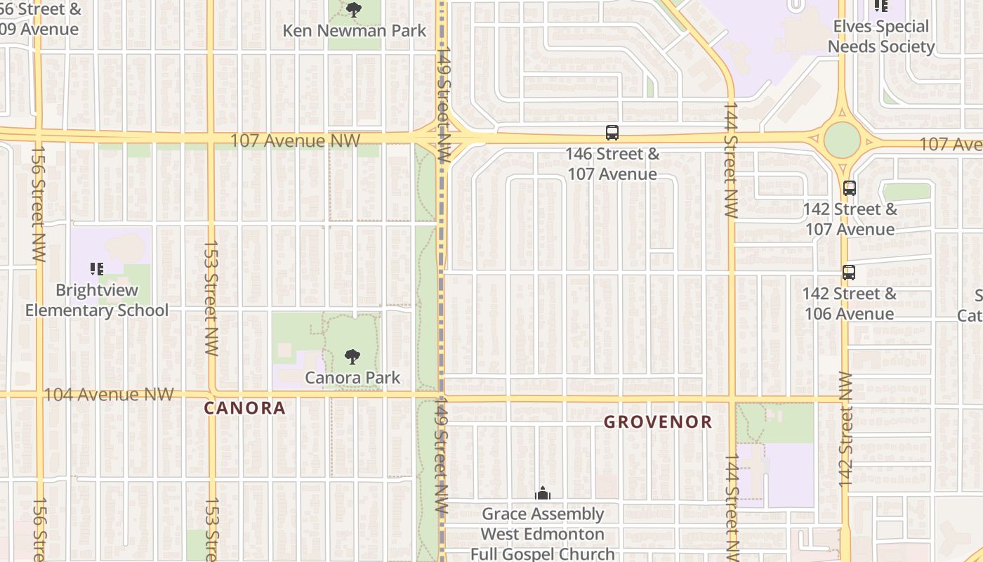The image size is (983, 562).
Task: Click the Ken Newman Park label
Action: (354, 31)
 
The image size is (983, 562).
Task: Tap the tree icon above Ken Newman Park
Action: (354, 10)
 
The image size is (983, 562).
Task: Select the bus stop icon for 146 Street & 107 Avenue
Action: (612, 132)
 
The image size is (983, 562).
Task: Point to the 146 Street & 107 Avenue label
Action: (612, 164)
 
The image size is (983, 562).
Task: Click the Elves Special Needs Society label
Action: (880, 37)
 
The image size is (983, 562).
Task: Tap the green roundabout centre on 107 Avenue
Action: (842, 140)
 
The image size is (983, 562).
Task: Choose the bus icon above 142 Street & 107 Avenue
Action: (850, 188)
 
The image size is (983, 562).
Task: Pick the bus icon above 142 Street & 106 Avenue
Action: (849, 273)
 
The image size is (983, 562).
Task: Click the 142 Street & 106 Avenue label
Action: (850, 303)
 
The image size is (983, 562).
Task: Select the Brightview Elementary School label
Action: (97, 300)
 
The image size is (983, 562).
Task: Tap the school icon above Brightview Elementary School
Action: (97, 268)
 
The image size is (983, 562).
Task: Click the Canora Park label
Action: (352, 377)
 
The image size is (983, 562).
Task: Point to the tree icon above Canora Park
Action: (352, 357)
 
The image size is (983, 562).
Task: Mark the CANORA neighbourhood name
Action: (245, 408)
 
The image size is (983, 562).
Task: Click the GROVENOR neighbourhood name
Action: (658, 422)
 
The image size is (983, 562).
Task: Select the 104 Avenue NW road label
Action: (109, 394)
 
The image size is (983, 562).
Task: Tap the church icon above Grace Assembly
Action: (543, 494)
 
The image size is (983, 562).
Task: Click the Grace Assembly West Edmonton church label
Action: (542, 534)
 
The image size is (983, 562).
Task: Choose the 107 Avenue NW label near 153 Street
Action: (295, 140)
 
